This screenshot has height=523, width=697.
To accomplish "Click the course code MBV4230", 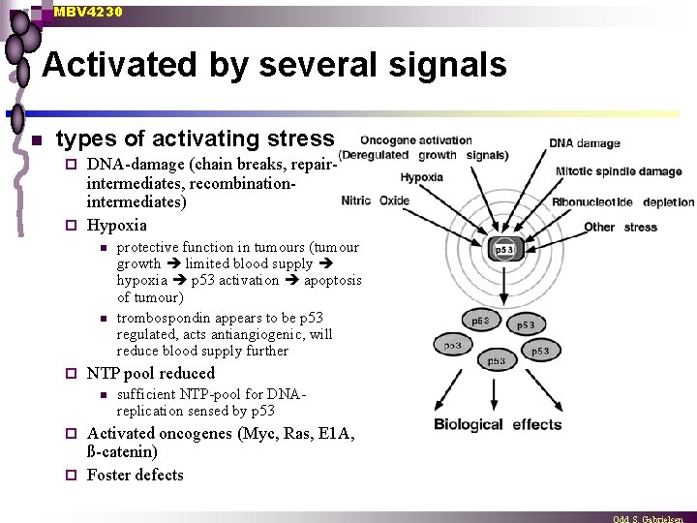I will tap(88, 12).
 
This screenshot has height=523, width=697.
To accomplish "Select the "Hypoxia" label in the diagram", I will tap(421, 177).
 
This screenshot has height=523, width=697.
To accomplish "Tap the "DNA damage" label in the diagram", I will tap(585, 143).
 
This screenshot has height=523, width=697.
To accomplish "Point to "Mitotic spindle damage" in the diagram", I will tap(618, 171).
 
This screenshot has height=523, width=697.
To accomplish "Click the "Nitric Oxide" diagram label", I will tap(376, 201).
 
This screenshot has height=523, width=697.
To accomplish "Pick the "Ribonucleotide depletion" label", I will tap(622, 202).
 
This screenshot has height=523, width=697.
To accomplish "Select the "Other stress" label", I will tap(620, 228).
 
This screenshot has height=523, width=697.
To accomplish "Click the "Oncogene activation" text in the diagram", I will tap(416, 141).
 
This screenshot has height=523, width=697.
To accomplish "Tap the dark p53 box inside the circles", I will tap(504, 250).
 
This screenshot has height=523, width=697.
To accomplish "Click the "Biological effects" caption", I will tap(498, 424).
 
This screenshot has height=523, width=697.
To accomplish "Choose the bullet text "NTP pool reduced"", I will tap(151, 373).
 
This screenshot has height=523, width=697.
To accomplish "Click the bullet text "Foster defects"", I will tap(135, 475).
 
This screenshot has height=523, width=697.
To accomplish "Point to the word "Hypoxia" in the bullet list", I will tap(116, 226).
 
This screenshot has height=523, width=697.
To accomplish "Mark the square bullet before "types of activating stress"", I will tap(36, 140).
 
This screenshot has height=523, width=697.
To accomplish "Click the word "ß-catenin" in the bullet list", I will tap(122, 452).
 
